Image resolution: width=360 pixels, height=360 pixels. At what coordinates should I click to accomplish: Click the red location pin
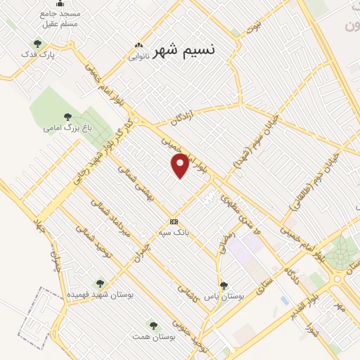click(x=181, y=165)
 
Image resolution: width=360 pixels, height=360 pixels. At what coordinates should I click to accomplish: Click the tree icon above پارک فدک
click(x=37, y=44)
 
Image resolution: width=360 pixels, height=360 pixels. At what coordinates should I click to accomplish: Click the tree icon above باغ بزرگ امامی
click(x=67, y=117)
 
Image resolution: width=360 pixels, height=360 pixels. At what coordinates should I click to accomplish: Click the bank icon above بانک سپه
click(x=174, y=221)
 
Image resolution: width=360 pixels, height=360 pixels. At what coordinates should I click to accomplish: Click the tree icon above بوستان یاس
click(x=224, y=285)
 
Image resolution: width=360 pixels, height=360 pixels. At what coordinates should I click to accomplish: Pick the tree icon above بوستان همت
click(x=153, y=325)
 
